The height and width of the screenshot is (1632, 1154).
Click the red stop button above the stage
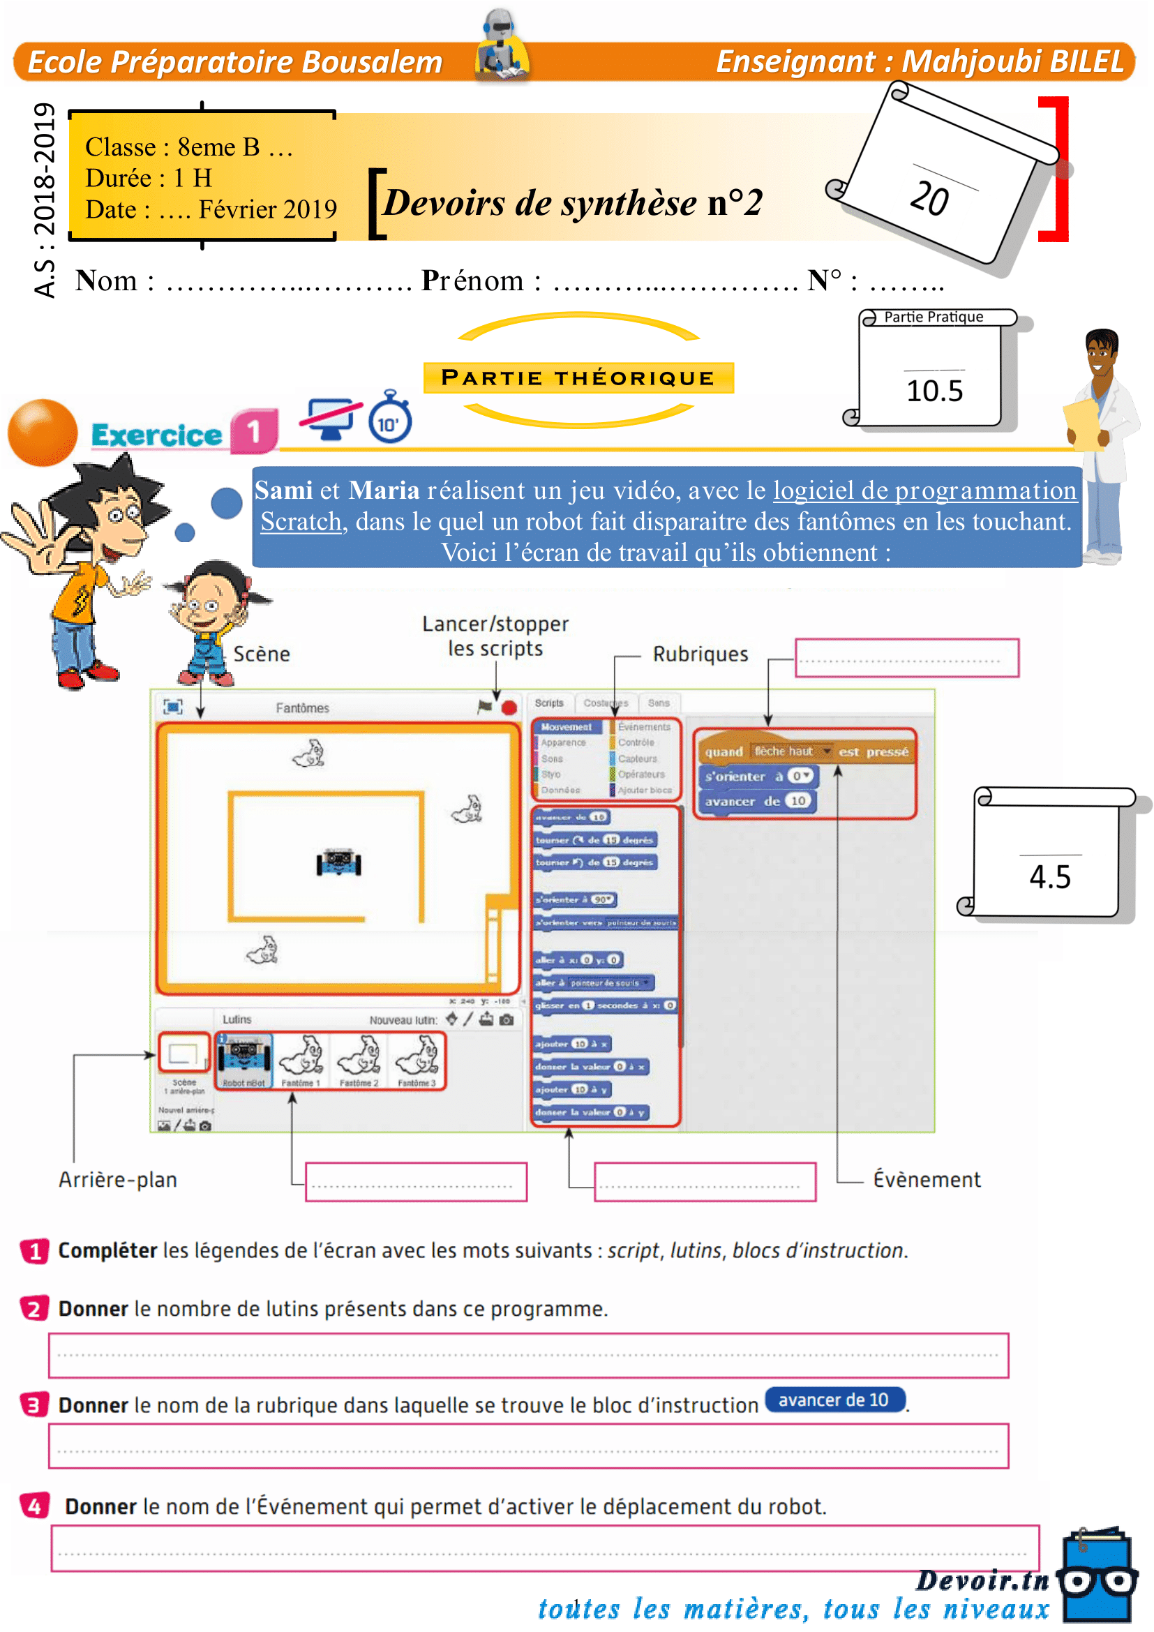click(509, 708)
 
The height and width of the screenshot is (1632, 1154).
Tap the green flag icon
click(485, 707)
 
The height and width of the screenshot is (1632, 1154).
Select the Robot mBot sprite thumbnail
click(243, 1060)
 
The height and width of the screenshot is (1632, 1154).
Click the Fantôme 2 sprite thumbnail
click(359, 1060)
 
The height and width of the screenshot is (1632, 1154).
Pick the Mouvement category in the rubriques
click(567, 727)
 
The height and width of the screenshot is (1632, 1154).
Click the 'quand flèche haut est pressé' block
click(806, 751)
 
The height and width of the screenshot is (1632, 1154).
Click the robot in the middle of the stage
click(338, 862)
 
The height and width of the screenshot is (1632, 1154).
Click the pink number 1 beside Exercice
click(254, 431)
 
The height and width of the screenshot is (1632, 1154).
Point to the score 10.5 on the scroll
click(934, 391)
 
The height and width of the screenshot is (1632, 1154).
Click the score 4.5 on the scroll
click(1049, 877)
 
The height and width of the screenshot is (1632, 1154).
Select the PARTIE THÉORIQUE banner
click(578, 377)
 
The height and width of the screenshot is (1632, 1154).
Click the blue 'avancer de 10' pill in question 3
click(834, 1400)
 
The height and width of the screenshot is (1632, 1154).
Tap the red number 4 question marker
click(34, 1506)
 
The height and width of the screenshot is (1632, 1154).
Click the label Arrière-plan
click(118, 1180)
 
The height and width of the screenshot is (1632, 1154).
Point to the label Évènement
click(926, 1180)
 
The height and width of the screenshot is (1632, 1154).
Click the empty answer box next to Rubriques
click(906, 657)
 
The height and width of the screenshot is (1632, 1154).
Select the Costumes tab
click(606, 703)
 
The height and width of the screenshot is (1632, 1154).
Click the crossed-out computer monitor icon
click(330, 418)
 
